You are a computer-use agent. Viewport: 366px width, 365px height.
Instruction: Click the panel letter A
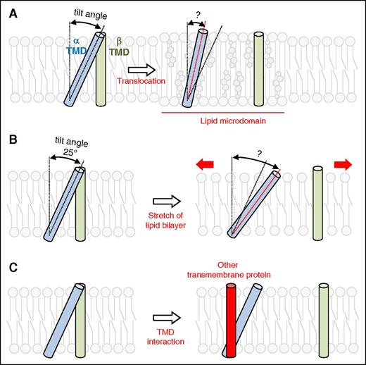[8, 9]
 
